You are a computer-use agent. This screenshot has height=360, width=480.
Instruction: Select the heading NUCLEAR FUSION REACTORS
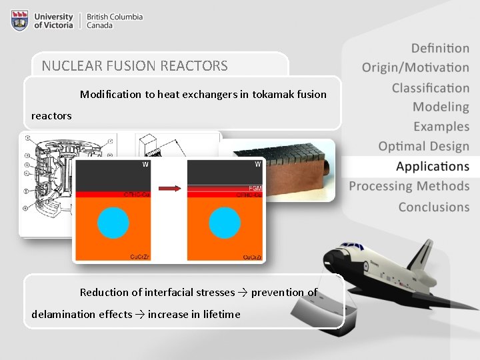point(135,66)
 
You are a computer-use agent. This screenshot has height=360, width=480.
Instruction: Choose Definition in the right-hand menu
point(440,48)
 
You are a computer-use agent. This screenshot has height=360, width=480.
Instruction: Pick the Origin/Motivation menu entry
point(415,67)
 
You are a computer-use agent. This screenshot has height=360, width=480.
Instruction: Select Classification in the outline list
point(430,88)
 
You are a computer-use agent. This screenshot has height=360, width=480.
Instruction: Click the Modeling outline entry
point(441,107)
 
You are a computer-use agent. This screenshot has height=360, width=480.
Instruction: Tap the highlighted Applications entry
point(432,167)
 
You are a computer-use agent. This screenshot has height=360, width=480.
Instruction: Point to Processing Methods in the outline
point(409,187)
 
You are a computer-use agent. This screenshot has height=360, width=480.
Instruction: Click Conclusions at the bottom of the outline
point(433,207)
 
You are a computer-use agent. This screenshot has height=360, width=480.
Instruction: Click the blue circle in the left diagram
point(113,223)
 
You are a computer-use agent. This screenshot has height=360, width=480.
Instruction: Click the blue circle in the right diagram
point(226,223)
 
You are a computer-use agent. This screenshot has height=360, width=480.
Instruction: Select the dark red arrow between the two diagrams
point(171,189)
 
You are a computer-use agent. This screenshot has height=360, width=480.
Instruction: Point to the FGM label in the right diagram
point(255,189)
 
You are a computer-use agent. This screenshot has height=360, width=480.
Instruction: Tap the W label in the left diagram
point(144,164)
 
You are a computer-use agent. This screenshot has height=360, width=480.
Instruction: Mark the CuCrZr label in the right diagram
point(251,257)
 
